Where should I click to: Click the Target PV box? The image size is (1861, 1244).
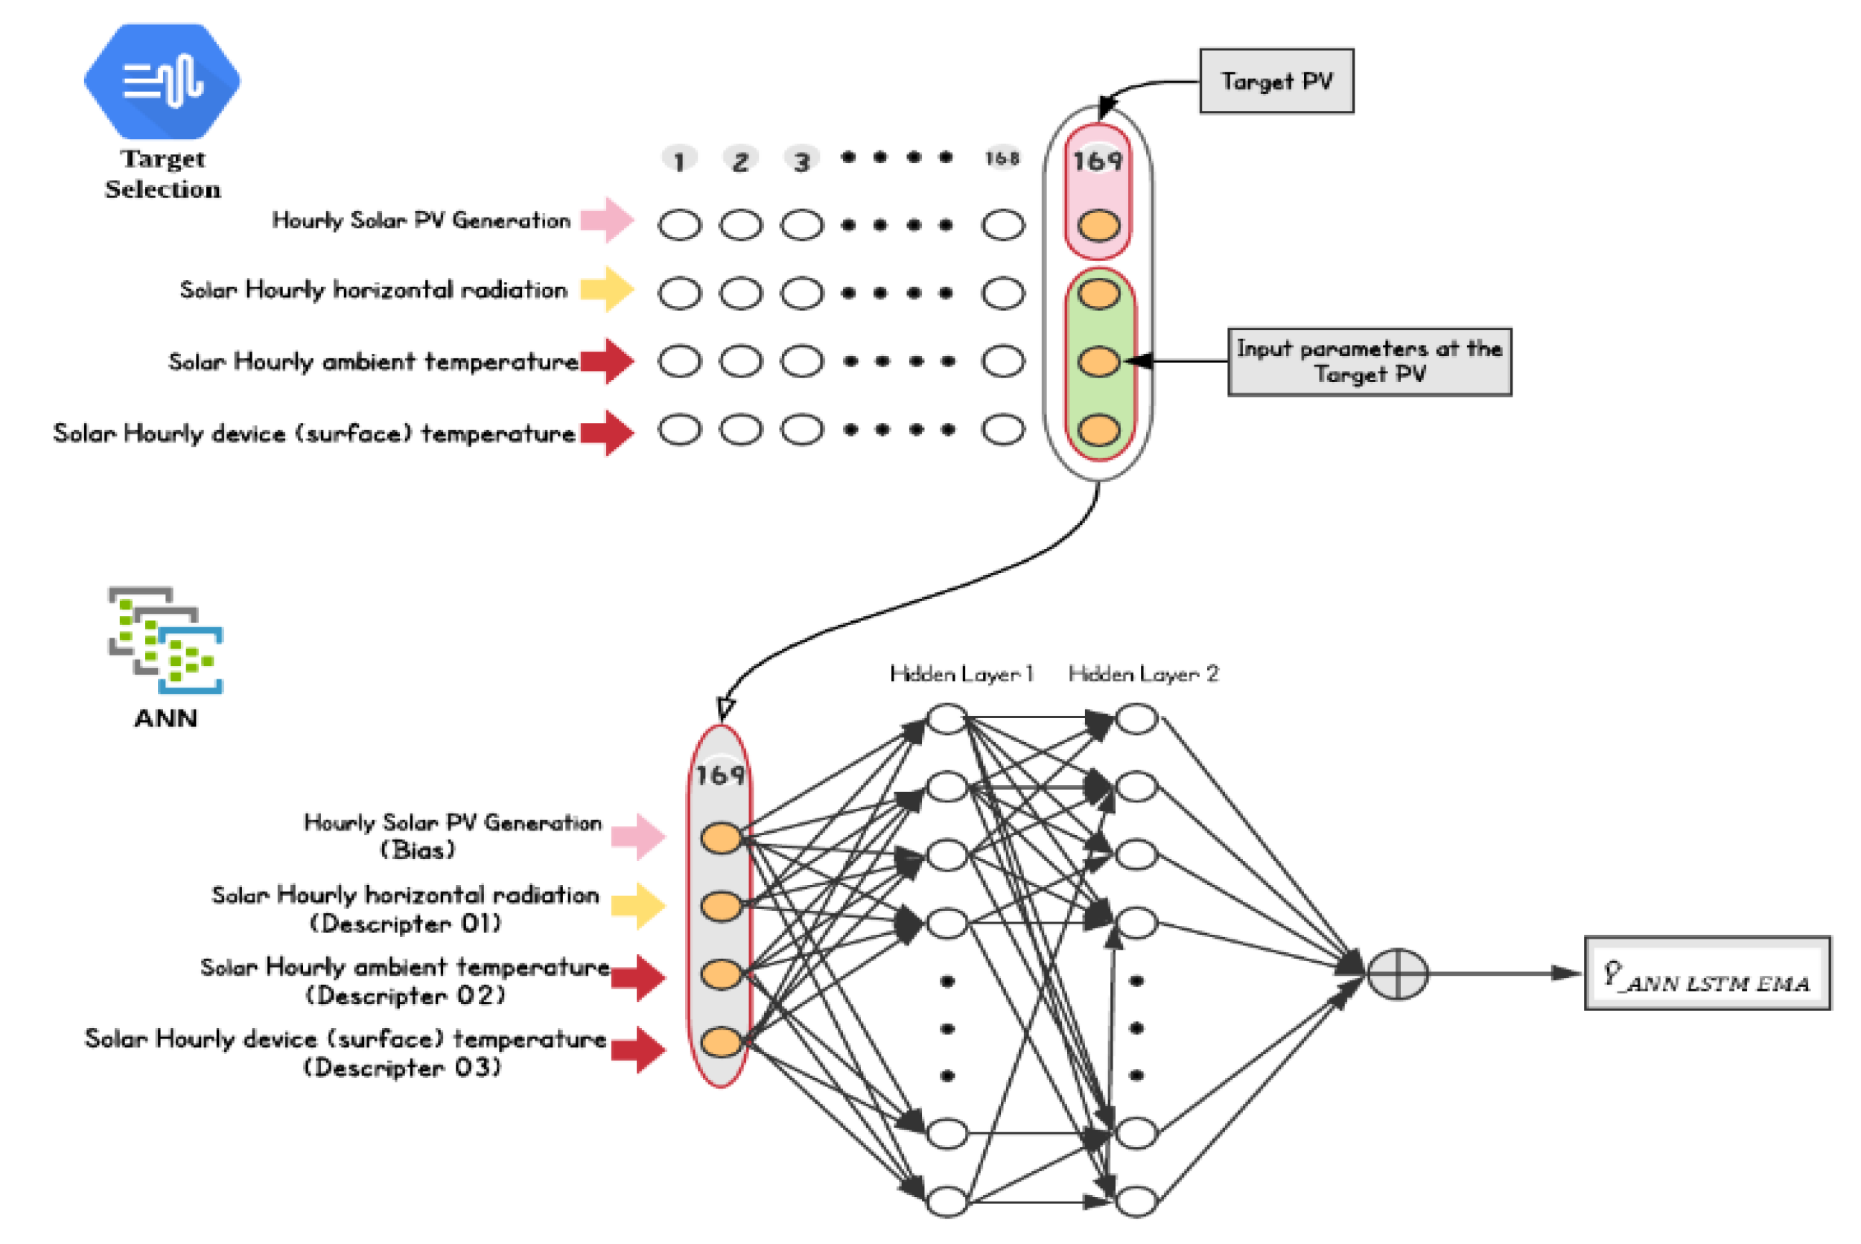click(1276, 81)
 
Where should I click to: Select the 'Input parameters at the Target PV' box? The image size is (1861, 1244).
click(1369, 361)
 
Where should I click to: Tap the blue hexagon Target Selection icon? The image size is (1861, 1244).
click(162, 80)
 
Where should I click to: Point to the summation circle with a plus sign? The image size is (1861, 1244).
click(1397, 974)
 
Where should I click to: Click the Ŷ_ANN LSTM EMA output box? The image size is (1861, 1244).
click(1706, 974)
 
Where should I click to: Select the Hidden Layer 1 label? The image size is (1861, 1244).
click(961, 673)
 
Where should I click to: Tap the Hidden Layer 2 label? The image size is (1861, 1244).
click(1142, 673)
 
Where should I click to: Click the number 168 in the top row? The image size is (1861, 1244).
click(1002, 158)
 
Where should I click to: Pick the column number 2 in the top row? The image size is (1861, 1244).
click(739, 161)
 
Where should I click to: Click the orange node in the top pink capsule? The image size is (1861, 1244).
click(1098, 225)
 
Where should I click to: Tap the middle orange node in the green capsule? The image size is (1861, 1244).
click(1098, 362)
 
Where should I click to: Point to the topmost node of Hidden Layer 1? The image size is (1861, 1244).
click(947, 719)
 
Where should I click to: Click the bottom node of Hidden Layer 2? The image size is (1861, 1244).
click(1136, 1201)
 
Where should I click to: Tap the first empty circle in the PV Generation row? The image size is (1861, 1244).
click(680, 225)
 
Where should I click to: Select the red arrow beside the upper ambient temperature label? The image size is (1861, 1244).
click(607, 361)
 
